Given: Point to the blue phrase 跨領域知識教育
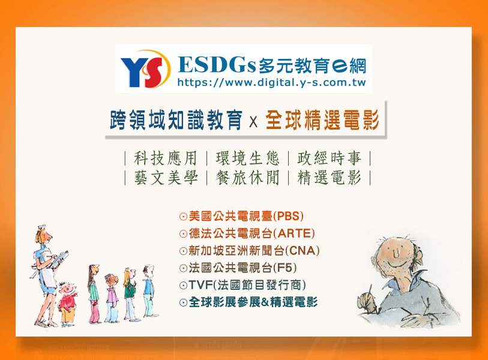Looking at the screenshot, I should (x=176, y=120).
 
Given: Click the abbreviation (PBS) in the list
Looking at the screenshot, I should (x=289, y=216).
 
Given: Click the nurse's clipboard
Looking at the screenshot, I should (x=56, y=261).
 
